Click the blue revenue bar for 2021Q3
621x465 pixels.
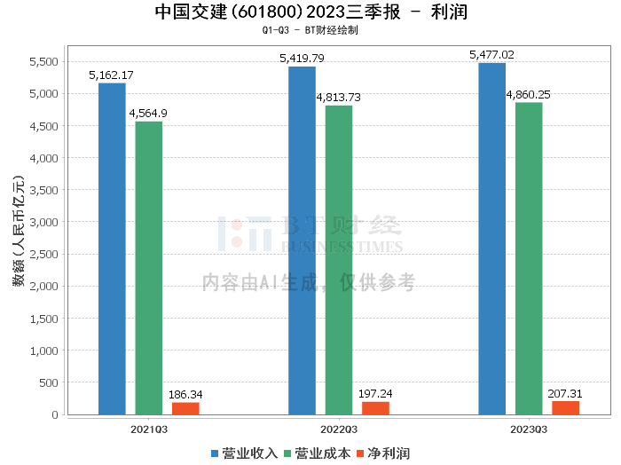[112, 248]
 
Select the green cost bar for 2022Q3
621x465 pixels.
[339, 260]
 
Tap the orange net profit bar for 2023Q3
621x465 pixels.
[566, 408]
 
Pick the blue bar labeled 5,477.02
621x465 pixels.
[491, 239]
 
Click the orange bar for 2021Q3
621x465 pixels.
[185, 409]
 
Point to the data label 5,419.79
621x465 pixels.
[302, 59]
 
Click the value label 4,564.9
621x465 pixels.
[148, 114]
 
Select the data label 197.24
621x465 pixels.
[375, 394]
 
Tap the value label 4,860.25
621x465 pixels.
[529, 95]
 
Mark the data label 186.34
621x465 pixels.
[185, 395]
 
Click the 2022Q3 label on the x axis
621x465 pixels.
[339, 430]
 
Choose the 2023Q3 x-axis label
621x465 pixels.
[529, 430]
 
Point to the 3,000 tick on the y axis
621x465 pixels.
[44, 222]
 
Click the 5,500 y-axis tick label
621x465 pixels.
[44, 62]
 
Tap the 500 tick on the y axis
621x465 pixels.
[49, 382]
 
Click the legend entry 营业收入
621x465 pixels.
[244, 453]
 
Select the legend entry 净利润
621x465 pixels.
[383, 453]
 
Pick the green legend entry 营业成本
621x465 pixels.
[318, 453]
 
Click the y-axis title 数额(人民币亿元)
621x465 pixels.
[19, 231]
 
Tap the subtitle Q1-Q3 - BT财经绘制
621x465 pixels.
[310, 30]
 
